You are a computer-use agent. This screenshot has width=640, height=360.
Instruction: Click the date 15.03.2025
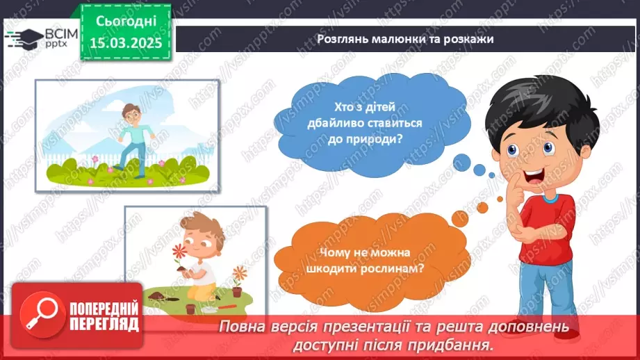[x=126, y=43]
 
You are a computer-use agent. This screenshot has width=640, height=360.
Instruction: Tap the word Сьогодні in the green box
[x=126, y=22]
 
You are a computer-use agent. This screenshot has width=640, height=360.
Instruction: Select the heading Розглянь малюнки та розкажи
[x=405, y=39]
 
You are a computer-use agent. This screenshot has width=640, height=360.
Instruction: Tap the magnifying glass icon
[x=42, y=315]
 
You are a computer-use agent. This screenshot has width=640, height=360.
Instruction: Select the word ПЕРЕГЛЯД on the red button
[x=104, y=325]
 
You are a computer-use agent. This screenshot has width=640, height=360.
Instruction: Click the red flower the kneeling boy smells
[x=179, y=251]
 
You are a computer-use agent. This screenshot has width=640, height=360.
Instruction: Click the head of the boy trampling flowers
[x=131, y=113]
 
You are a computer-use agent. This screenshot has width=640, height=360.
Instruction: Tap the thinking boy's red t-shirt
[x=546, y=229]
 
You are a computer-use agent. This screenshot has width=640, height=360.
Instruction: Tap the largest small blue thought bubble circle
[x=461, y=163]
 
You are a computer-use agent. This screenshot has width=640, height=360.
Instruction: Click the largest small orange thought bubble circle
[x=460, y=219]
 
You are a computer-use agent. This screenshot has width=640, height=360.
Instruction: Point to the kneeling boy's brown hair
[x=204, y=229]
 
